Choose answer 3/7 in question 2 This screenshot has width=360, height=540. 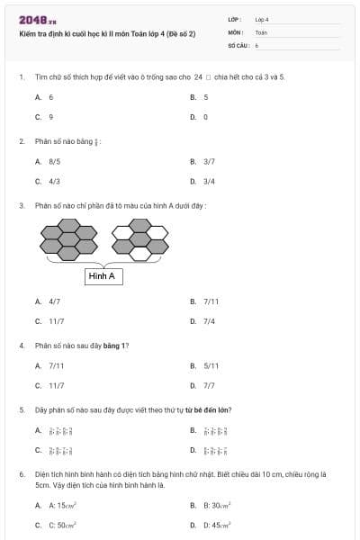click(209, 161)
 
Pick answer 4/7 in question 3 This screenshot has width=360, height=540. click(54, 301)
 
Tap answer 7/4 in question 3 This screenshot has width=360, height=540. click(209, 321)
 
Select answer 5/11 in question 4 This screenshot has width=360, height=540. click(211, 365)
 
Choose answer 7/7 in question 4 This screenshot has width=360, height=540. click(209, 385)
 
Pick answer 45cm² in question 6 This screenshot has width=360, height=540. click(217, 525)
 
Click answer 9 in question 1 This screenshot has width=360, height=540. click(50, 117)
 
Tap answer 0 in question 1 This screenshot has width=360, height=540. click(205, 117)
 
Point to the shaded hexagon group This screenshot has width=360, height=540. click(68, 240)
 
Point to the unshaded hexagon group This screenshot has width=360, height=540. click(139, 240)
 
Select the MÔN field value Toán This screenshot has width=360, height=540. click(261, 32)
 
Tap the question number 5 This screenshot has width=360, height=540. click(21, 409)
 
